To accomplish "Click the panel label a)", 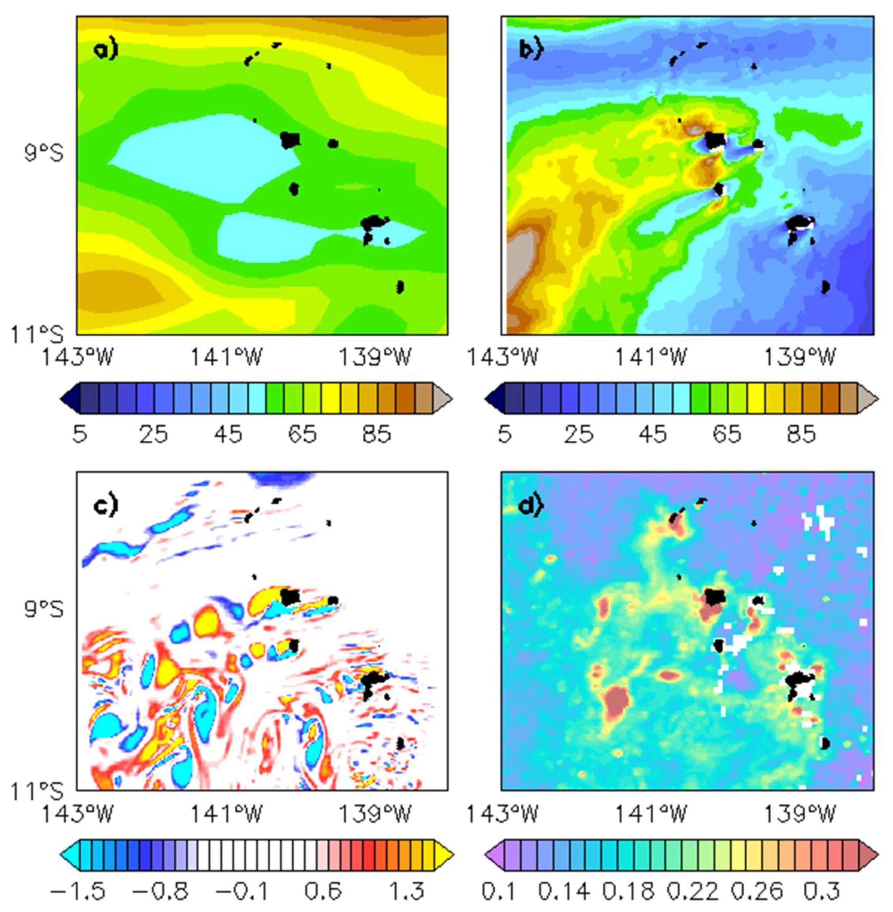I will [x=106, y=50].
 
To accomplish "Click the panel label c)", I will [x=106, y=506].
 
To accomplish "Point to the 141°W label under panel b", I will [x=650, y=358].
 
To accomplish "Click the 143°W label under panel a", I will [x=77, y=358].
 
